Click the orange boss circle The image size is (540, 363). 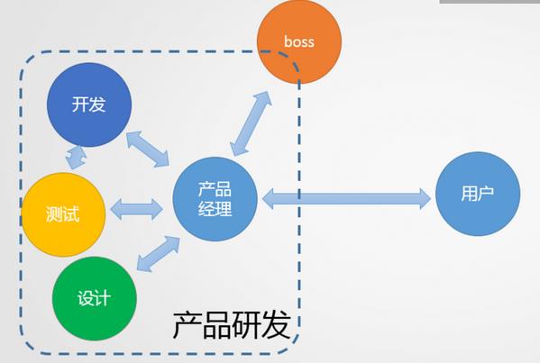coord(299,41)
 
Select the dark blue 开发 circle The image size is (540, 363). coord(89,104)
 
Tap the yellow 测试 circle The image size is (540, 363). coord(63,214)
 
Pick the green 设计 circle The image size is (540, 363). coord(95,298)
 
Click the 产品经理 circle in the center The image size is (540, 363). coord(215,199)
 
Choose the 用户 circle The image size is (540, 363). coord(478,194)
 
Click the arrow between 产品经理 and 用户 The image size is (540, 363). coord(346,199)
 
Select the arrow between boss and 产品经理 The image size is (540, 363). coord(251,124)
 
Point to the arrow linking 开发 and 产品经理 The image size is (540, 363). coord(148,149)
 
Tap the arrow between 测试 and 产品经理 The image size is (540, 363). coord(136,209)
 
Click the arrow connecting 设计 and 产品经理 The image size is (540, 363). coord(158,254)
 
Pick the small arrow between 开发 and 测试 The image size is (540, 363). coord(77,158)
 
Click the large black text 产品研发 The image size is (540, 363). coord(232,325)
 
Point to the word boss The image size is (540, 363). coord(299,41)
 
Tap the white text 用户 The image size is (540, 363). coord(477,194)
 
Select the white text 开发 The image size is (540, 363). coord(89,104)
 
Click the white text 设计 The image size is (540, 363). coord(94,298)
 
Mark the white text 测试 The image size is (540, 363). coord(63,214)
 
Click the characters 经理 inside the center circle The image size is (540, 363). coord(215,208)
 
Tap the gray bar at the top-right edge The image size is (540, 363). coord(490,2)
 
